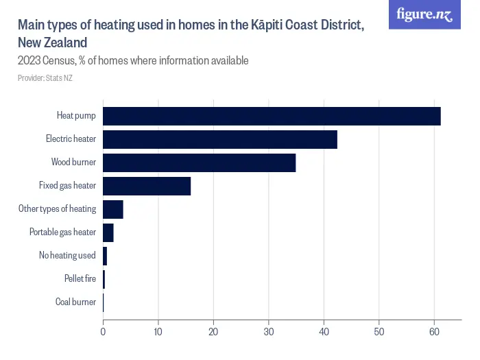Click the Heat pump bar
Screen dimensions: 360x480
[x=272, y=117]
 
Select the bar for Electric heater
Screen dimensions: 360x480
[x=220, y=140]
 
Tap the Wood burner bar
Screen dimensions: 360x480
[x=199, y=163]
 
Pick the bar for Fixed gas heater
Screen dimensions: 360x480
[x=147, y=186]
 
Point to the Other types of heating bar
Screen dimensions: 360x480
[x=113, y=209]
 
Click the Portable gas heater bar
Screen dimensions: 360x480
[x=108, y=232]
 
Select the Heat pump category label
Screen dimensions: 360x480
[x=76, y=117]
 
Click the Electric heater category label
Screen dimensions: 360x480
[x=71, y=140]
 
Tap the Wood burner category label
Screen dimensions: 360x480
[x=73, y=163]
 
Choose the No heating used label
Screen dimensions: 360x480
[x=67, y=256]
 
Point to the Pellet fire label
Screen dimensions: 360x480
[x=80, y=278]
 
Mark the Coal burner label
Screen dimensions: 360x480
[x=75, y=302]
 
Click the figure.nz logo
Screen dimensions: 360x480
[x=425, y=14]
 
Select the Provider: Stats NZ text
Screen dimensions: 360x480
[x=45, y=78]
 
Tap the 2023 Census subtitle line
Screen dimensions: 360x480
[x=133, y=61]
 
